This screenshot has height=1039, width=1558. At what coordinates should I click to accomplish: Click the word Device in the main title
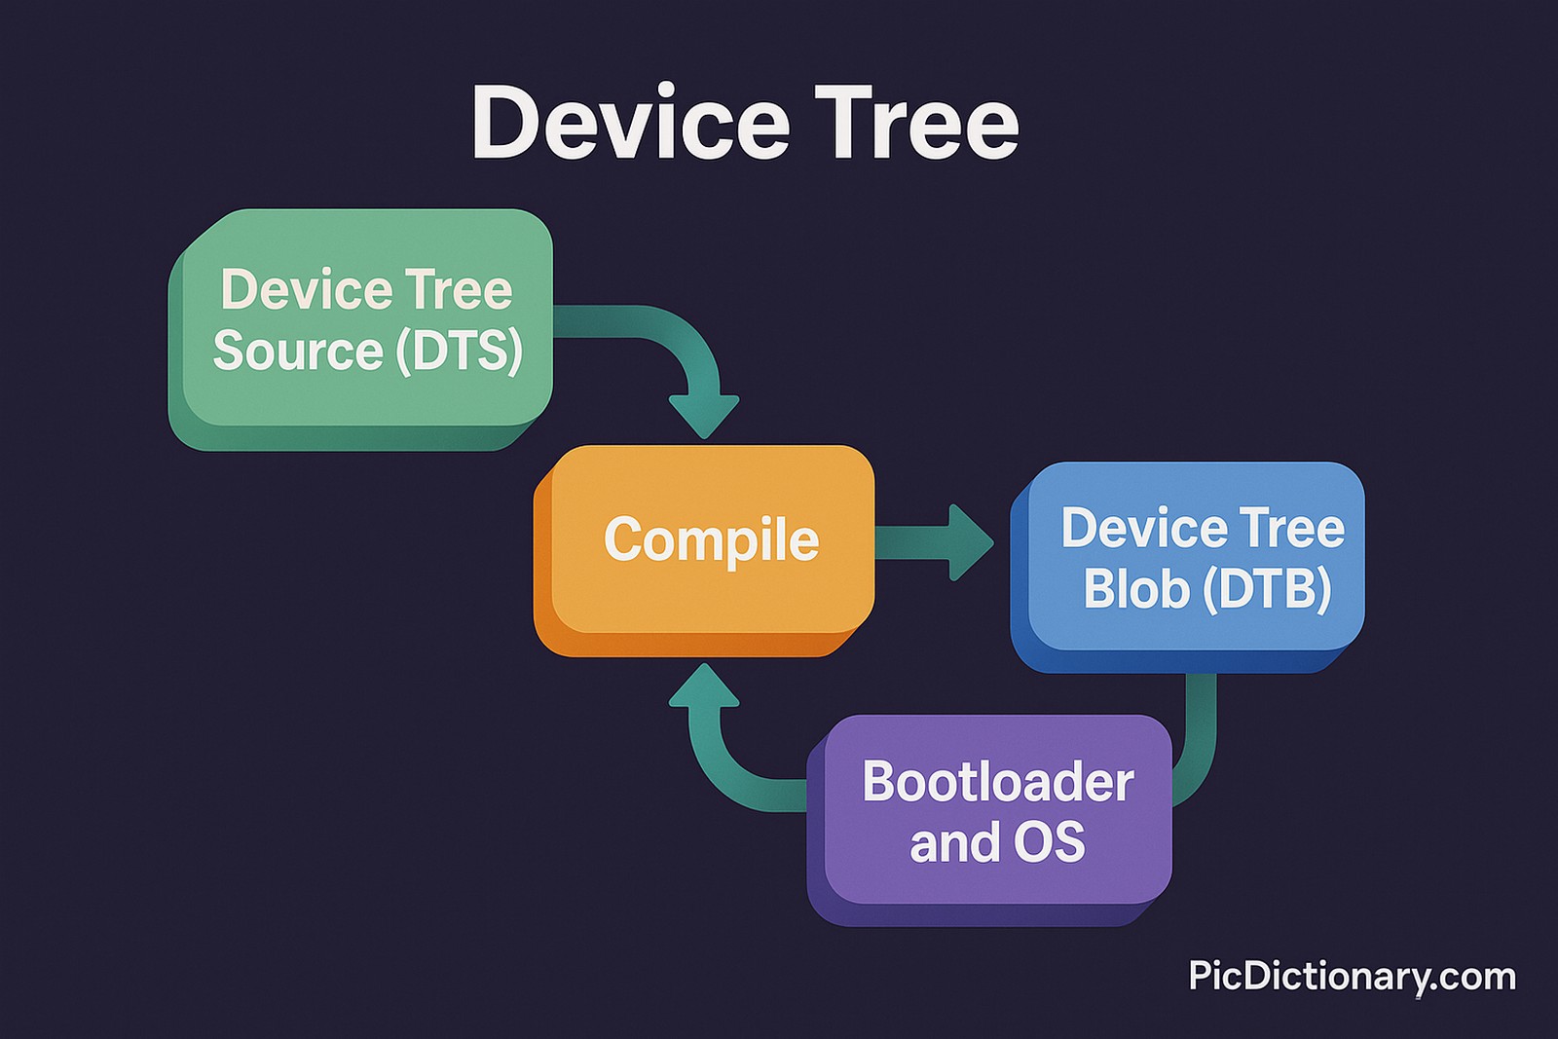[x=630, y=123]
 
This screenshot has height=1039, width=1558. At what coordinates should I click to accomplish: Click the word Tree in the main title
[x=916, y=123]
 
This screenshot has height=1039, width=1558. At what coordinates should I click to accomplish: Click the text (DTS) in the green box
[x=459, y=351]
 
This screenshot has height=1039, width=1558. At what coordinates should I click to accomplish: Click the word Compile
[x=711, y=540]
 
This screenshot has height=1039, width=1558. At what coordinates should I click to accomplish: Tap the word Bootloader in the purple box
[x=997, y=782]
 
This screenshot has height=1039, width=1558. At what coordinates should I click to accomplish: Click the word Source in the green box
[x=298, y=351]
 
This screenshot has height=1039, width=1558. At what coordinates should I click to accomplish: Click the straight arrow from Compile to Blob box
[x=930, y=542]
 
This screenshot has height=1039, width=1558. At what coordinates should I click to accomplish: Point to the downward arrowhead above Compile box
[x=704, y=414]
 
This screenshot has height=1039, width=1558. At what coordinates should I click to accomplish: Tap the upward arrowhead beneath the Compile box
[x=704, y=686]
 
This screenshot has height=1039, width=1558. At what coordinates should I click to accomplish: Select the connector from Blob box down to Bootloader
[x=1200, y=740]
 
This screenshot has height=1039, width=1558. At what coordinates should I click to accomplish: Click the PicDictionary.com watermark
[x=1352, y=976]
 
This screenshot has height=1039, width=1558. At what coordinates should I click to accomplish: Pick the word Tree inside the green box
[x=459, y=289]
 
